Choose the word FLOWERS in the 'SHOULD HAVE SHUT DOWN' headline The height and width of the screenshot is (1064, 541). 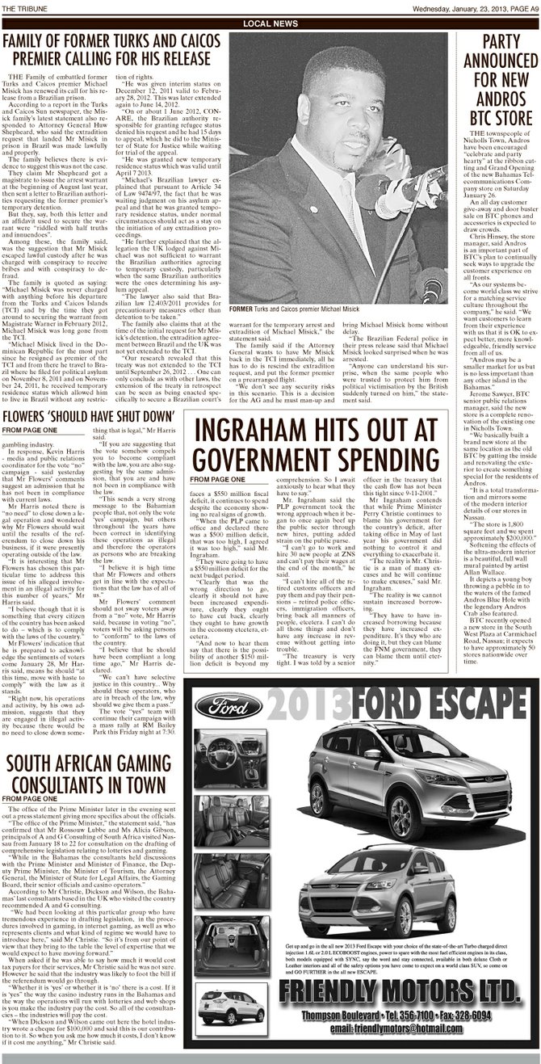34,416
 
